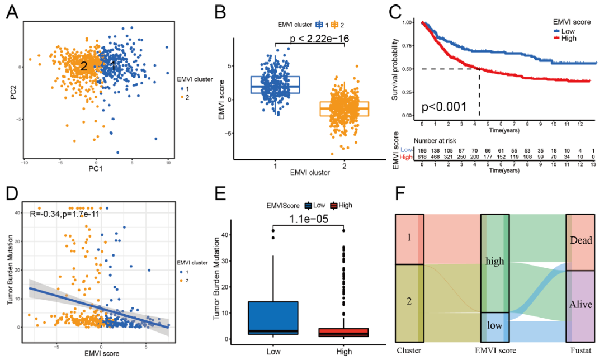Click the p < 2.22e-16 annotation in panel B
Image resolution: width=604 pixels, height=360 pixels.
[x=318, y=39]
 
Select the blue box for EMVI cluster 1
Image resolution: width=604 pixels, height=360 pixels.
[x=275, y=84]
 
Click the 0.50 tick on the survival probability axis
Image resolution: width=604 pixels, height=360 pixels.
[x=411, y=69]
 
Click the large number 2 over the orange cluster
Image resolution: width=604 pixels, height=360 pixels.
[x=83, y=66]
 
